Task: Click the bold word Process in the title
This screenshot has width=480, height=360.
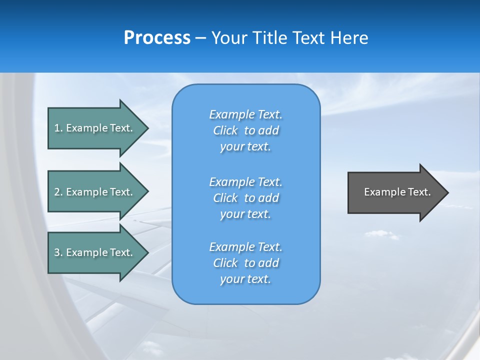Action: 157,37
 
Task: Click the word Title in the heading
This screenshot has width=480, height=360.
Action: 268,37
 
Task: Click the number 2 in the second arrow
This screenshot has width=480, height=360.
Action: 57,192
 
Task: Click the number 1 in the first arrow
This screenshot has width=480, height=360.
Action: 57,128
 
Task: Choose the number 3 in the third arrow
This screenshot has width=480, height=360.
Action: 57,252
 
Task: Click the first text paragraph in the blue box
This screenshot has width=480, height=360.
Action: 245,130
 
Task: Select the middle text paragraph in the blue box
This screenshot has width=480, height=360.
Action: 245,198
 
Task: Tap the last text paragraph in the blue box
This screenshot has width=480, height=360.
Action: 245,263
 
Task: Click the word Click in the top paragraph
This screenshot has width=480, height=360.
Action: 225,130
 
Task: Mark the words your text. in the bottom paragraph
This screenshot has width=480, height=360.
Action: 245,279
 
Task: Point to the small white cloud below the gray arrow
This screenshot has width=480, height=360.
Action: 382,234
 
